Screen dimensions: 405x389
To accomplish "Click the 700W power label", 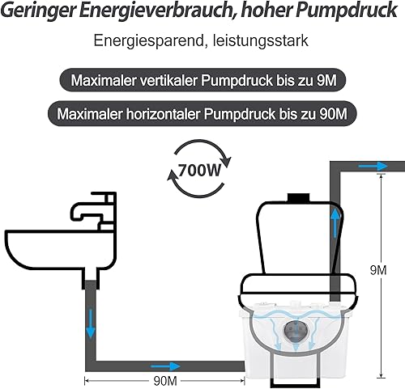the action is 199,170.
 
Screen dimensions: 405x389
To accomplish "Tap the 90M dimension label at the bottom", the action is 165,381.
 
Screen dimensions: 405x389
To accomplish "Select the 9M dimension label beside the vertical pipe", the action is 378,270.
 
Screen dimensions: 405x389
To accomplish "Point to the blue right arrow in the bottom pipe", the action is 165,366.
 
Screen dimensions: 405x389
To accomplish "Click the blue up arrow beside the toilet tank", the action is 335,223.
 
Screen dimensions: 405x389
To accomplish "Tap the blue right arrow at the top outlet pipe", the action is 373,166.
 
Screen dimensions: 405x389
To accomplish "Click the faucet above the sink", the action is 94,211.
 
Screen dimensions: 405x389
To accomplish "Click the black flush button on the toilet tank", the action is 298,197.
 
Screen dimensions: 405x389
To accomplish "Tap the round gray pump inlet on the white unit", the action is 296,332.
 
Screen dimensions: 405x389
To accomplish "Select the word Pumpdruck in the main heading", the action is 347,11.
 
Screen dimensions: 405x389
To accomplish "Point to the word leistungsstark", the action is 261,40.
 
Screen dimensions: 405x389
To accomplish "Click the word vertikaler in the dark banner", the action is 167,80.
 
